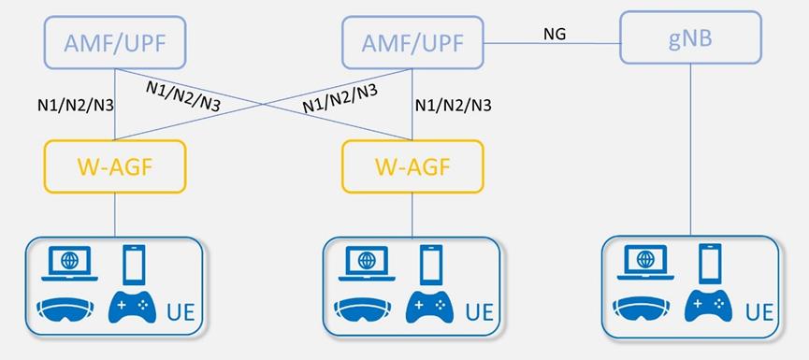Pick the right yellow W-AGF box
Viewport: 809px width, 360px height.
point(412,166)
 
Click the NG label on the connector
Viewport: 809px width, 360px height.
point(556,35)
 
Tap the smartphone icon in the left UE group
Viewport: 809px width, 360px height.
point(135,263)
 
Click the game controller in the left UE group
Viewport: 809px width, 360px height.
point(131,306)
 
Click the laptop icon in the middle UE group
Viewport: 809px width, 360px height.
point(364,261)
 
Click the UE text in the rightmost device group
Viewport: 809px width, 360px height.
point(758,311)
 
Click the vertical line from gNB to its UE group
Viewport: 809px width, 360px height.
point(691,150)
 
